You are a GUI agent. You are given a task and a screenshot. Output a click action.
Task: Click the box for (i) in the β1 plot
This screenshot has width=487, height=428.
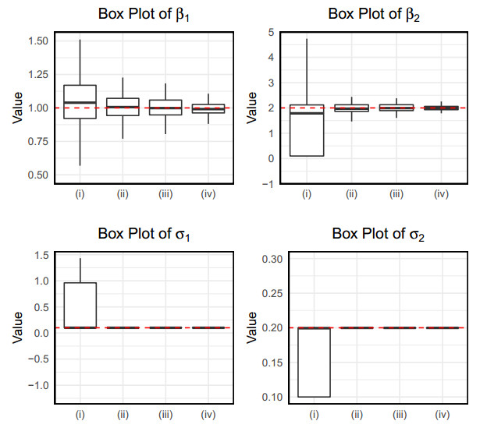[x=80, y=101]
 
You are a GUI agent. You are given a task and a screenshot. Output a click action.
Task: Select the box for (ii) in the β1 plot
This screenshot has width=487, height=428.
[x=123, y=107]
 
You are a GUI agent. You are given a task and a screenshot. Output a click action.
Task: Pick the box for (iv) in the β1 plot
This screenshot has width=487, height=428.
[x=208, y=108]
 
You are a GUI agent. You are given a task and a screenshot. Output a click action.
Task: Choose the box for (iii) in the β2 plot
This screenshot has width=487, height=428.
[x=396, y=108]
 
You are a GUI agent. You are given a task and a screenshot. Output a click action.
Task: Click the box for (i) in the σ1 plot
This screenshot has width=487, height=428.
[x=80, y=305]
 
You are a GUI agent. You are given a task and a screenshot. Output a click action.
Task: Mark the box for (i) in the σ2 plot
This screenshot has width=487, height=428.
[x=314, y=363]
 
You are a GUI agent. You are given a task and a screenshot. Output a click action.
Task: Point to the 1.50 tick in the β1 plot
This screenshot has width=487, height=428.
[x=37, y=41]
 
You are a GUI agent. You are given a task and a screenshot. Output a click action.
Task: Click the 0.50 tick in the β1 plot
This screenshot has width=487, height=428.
[x=37, y=175]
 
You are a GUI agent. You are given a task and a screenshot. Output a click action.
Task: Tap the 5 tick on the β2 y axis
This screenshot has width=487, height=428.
[x=269, y=32]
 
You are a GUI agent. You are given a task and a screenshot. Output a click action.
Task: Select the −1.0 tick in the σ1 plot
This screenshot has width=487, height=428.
[x=37, y=385]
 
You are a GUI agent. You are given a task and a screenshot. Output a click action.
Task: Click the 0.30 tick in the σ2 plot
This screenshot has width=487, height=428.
[x=271, y=259]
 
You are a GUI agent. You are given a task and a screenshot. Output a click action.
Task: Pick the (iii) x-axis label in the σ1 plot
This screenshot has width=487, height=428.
[x=165, y=414]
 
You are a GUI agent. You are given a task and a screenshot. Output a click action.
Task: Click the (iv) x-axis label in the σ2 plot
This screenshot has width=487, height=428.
[x=443, y=414]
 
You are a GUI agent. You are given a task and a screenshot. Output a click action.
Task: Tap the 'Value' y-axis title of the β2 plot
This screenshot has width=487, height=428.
[x=252, y=108]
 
